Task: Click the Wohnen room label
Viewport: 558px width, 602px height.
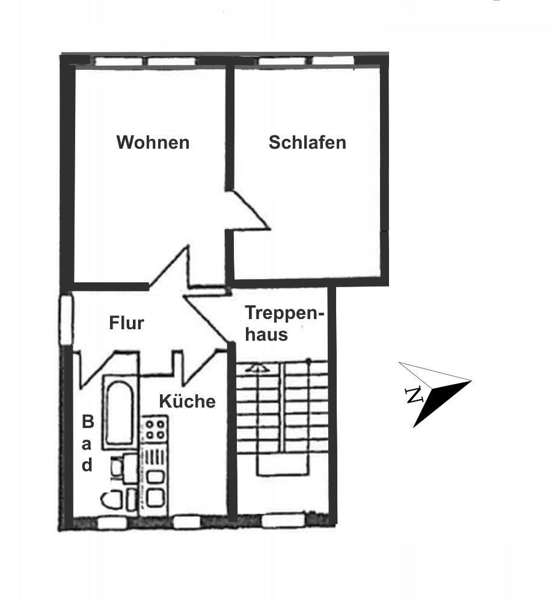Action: (153, 143)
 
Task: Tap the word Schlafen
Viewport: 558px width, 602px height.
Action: (307, 143)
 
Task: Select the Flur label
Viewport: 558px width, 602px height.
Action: (126, 323)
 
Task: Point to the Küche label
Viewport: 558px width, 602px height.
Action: (187, 401)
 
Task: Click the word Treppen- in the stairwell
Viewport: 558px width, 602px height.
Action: (285, 313)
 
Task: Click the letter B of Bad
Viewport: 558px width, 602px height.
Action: (88, 422)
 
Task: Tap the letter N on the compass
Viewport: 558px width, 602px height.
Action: (414, 395)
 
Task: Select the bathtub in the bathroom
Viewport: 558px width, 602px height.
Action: (120, 412)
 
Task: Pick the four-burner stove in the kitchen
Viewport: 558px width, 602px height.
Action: (155, 429)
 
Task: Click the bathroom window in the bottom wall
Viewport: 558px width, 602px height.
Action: (112, 523)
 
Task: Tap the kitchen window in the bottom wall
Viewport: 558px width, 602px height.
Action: (187, 522)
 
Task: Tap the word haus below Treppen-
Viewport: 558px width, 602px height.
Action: (266, 334)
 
